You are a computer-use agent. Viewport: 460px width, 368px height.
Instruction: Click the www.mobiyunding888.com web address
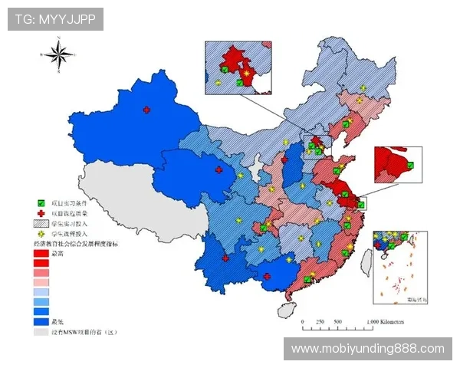click(367, 349)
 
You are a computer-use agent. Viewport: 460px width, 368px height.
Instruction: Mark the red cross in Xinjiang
click(146, 110)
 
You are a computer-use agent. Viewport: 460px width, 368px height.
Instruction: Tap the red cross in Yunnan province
click(225, 258)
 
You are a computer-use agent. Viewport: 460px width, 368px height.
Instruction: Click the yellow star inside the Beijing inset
click(219, 80)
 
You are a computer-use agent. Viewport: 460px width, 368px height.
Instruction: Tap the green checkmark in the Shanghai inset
click(410, 165)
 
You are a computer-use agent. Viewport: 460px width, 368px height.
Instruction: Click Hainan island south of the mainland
click(286, 310)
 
